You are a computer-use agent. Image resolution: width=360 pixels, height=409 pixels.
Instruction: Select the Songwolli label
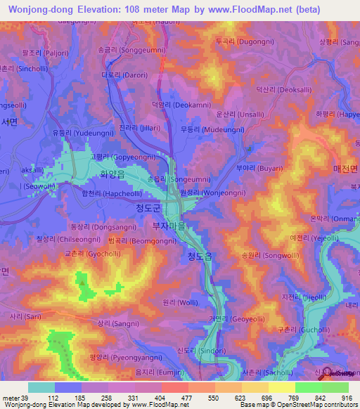[265, 256]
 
